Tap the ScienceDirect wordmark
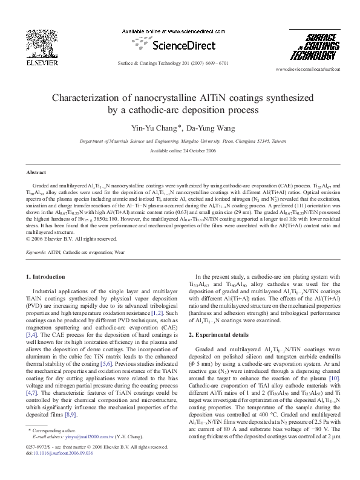pos(180,45)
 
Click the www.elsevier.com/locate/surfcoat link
pos(307,70)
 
